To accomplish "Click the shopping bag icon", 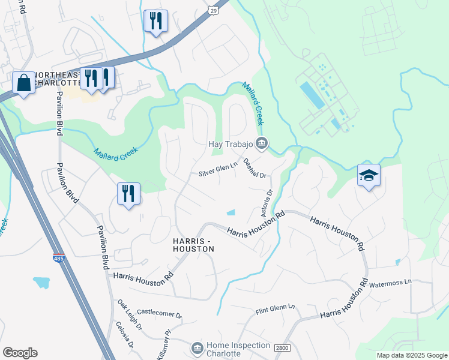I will [23, 83].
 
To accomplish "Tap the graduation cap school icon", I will [369, 175].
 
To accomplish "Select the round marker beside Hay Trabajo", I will [262, 143].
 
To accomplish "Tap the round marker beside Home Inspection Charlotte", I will [197, 348].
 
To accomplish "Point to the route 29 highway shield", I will [214, 10].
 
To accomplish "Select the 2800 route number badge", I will [282, 348].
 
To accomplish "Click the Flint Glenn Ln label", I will [276, 310].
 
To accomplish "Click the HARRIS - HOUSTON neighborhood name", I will [193, 244].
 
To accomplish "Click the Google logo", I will [20, 353].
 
